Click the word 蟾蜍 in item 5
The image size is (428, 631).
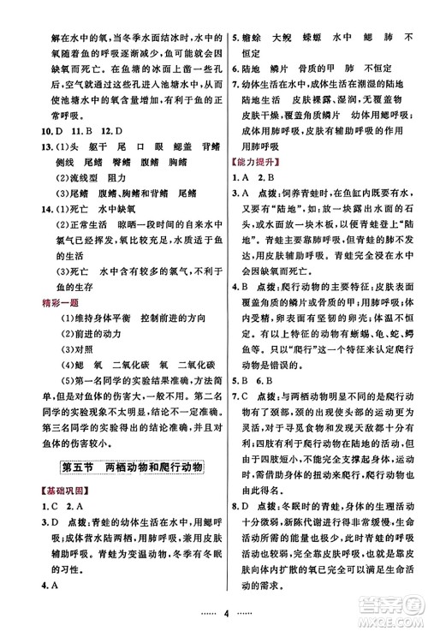[253, 37]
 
